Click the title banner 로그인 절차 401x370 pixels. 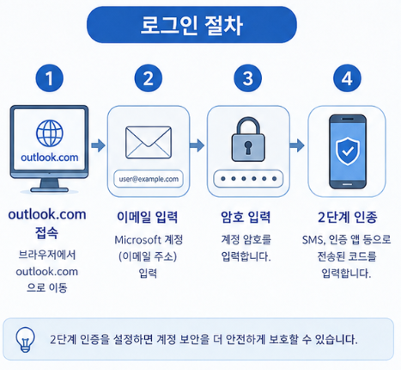pyautogui.click(x=191, y=25)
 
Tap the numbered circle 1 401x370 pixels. pyautogui.click(x=49, y=78)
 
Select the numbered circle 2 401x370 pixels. pyautogui.click(x=149, y=78)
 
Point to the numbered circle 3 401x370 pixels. pyautogui.click(x=247, y=78)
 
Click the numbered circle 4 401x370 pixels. pyautogui.click(x=347, y=78)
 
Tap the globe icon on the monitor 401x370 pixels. pyautogui.click(x=50, y=133)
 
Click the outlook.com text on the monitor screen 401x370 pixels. pyautogui.click(x=50, y=157)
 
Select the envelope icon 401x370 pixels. pyautogui.click(x=149, y=143)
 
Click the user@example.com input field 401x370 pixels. pyautogui.click(x=149, y=179)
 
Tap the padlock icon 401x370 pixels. pyautogui.click(x=248, y=139)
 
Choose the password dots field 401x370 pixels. pyautogui.click(x=248, y=179)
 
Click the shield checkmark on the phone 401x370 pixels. pyautogui.click(x=347, y=151)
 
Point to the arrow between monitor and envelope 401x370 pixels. pyautogui.click(x=99, y=145)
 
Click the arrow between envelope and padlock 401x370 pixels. pyautogui.click(x=197, y=145)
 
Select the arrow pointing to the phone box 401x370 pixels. pyautogui.click(x=297, y=145)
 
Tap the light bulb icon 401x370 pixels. pyautogui.click(x=25, y=340)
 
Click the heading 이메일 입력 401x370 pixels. pyautogui.click(x=148, y=217)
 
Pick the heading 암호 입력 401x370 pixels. pyautogui.click(x=246, y=217)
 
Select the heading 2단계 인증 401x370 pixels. pyautogui.click(x=347, y=217)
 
